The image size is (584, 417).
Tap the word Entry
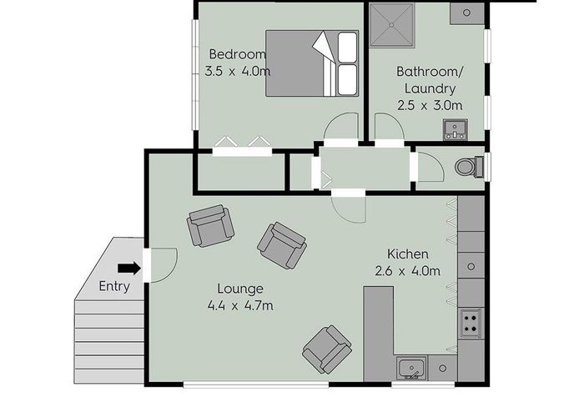click(115, 286)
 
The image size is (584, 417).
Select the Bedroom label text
click(238, 54)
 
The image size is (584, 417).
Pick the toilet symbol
click(469, 168)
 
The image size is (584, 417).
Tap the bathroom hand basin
click(456, 130)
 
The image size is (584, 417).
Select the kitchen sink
click(412, 367)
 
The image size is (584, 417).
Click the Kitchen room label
click(408, 254)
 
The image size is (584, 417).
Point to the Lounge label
click(240, 289)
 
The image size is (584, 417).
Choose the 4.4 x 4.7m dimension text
click(240, 305)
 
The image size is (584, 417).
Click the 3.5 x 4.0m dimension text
click(238, 71)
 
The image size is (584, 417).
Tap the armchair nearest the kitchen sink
click(327, 349)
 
